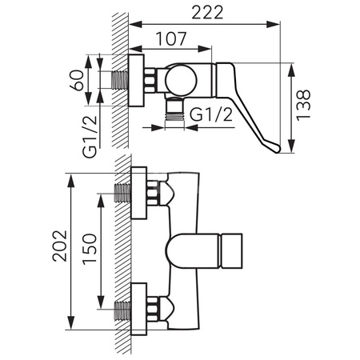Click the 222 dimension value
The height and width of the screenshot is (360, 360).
(x=207, y=12)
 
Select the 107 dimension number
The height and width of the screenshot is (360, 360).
(x=171, y=38)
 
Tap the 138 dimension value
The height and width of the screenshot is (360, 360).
(x=303, y=106)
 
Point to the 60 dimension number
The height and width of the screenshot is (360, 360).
(x=77, y=80)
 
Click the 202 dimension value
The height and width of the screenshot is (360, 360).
(x=60, y=246)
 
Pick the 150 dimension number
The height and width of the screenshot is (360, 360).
(x=90, y=249)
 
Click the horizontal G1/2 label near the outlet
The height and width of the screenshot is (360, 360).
(x=211, y=115)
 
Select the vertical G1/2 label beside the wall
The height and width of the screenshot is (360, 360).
(x=90, y=137)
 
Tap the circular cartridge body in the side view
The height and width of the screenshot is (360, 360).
(x=181, y=80)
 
